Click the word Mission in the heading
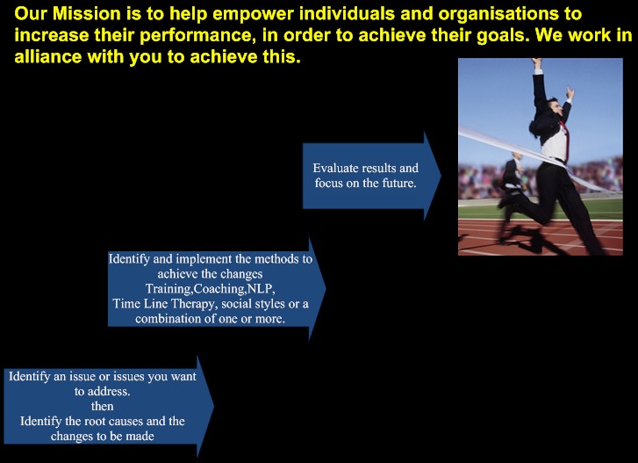[87, 14]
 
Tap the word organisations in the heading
[498, 15]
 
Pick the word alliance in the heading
[48, 56]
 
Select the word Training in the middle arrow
[168, 289]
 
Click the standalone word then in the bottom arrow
[102, 407]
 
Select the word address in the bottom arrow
[109, 392]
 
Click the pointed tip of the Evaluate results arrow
[441, 176]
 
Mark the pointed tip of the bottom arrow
[213, 406]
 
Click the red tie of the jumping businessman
[564, 138]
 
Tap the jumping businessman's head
[553, 107]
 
